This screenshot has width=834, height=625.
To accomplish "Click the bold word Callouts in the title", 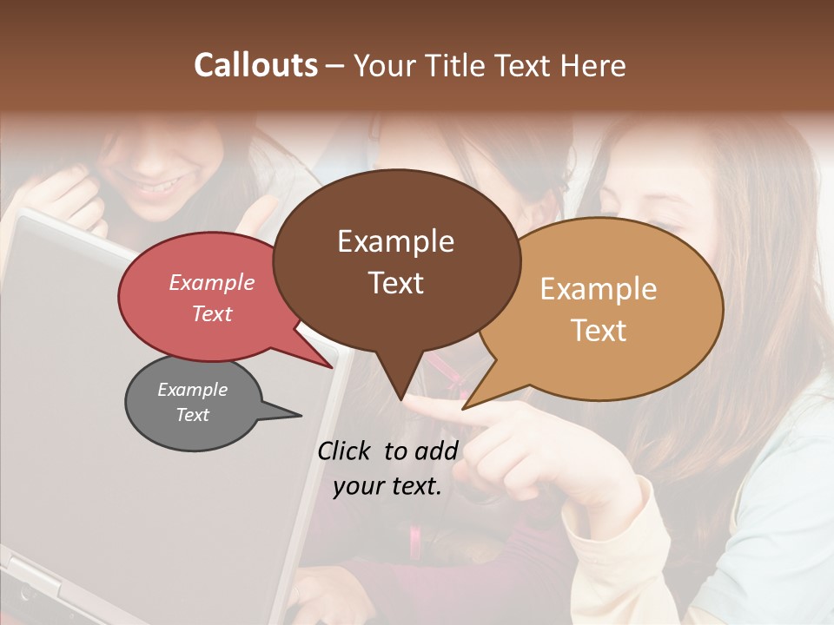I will (x=255, y=65).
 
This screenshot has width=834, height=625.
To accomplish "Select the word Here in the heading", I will (x=594, y=65).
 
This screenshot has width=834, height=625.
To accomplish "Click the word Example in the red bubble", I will (x=211, y=282).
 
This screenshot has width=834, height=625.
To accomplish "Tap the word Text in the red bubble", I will (x=211, y=313).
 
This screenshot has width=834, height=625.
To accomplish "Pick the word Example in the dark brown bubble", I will (x=395, y=241).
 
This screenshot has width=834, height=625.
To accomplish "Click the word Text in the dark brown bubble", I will (x=395, y=282).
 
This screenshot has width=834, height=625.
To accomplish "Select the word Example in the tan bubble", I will (x=598, y=289).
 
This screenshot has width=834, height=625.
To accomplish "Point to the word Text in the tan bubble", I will (x=599, y=330).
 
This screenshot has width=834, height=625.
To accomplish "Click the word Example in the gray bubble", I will (x=192, y=390).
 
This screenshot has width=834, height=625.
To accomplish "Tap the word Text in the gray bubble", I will (x=192, y=415).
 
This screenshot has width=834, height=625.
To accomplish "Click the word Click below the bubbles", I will (x=345, y=451).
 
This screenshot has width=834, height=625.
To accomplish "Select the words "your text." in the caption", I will (x=387, y=486).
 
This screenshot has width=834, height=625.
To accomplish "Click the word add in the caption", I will (x=436, y=451).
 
